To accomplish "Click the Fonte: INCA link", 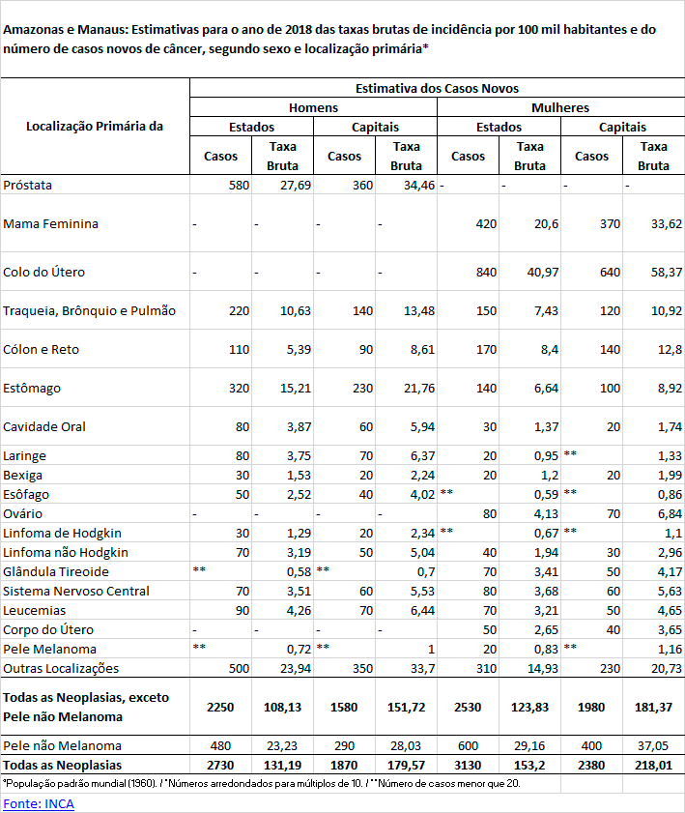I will point(40,803).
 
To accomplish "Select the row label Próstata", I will point(28,185).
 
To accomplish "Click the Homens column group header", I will point(314,107).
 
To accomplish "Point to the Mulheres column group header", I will point(560,107).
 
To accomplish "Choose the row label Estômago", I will point(32,388).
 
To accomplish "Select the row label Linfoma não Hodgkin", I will point(67,552).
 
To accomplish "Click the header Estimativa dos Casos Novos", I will point(437,87).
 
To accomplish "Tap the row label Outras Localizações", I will point(61,668).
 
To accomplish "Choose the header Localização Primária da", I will point(95,126).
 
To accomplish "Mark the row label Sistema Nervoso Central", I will point(76,591).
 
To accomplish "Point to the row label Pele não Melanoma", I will point(63,745).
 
